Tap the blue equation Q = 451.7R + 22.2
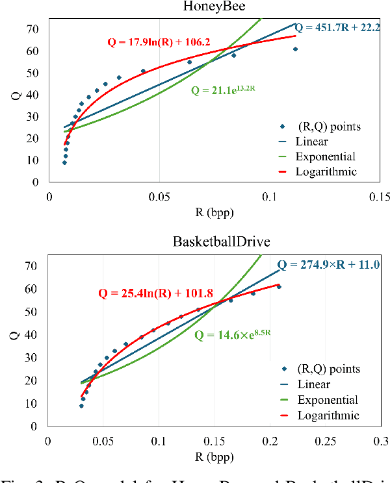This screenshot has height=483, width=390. [342, 28]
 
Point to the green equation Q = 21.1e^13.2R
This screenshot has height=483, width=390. [223, 90]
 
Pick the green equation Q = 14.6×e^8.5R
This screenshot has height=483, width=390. [232, 336]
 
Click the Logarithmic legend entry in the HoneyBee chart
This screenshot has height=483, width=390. [326, 171]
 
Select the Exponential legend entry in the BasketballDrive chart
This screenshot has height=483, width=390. [326, 400]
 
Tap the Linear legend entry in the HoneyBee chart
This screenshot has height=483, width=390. [311, 141]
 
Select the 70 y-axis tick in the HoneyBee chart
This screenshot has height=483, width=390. [31, 29]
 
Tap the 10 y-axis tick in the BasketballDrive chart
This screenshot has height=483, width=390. [31, 403]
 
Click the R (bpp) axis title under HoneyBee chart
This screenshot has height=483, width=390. [214, 213]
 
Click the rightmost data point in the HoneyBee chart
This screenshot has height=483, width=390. [295, 49]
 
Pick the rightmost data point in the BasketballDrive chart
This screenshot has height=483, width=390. [279, 286]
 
